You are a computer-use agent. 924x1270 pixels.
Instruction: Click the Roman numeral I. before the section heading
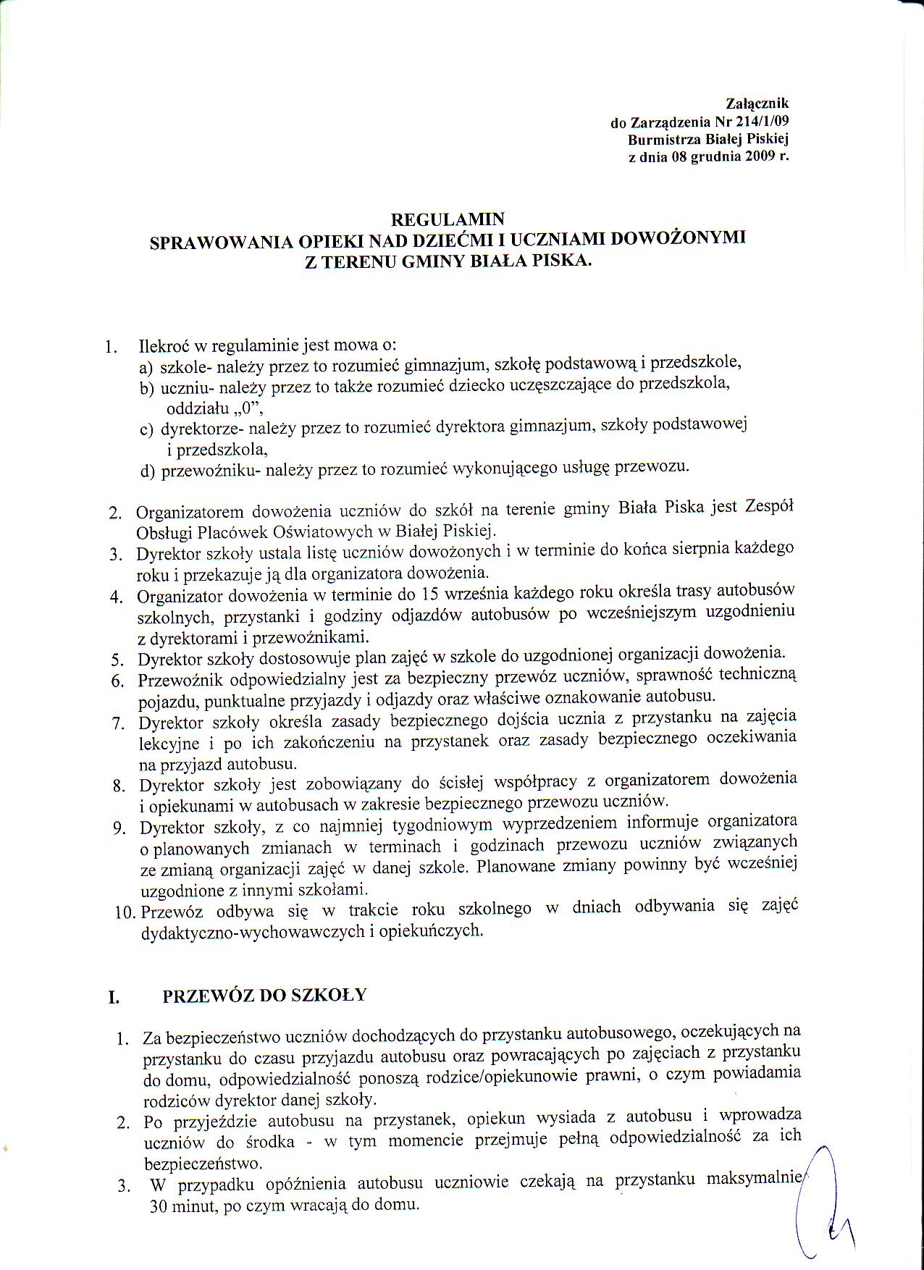tap(114, 998)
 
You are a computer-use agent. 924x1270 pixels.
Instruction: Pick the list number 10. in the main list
tap(127, 912)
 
